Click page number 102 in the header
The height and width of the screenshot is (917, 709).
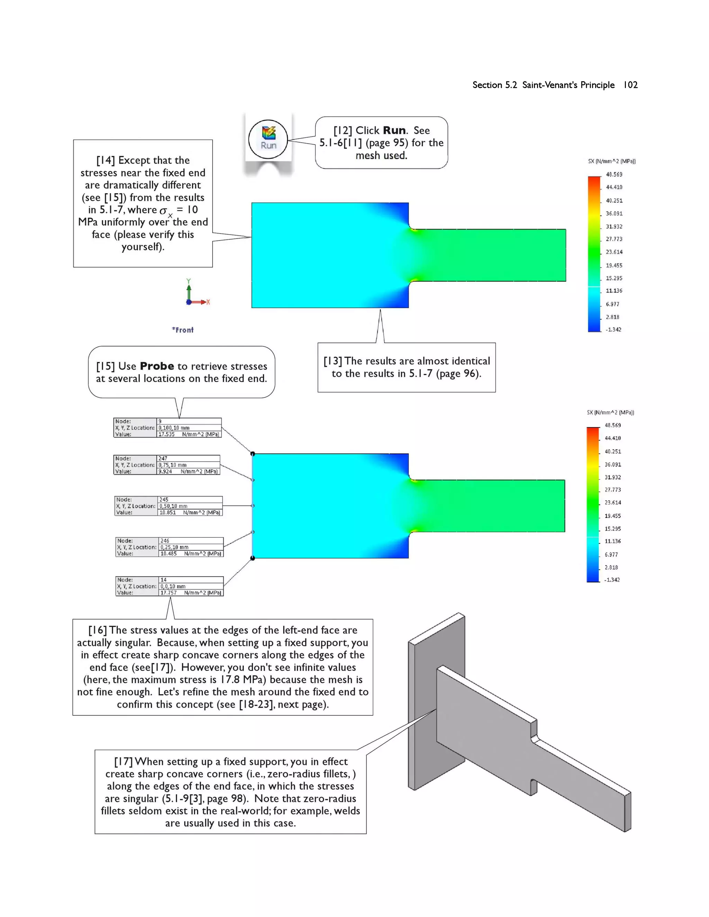coord(630,85)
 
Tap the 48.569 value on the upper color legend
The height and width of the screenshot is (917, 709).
coord(614,174)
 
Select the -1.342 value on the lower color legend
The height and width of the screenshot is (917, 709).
coord(612,580)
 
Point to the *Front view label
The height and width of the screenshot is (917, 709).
coord(183,330)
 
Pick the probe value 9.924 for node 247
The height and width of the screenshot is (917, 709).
coord(165,472)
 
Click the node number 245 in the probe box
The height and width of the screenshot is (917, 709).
coord(164,500)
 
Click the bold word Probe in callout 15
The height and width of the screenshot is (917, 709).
coord(157,366)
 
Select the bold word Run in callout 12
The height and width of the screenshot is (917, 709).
coord(394,130)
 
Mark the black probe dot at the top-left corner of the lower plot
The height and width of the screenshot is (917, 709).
coord(252,453)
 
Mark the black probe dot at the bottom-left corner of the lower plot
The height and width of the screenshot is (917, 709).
coord(252,558)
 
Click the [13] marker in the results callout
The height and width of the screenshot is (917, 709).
coord(333,361)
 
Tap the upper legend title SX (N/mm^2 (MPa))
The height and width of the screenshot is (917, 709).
coord(612,161)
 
